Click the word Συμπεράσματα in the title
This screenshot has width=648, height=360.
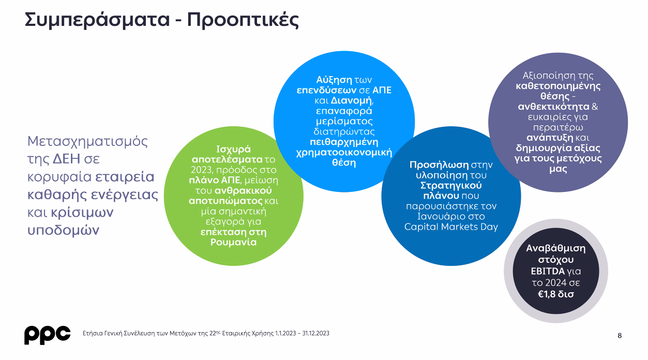click(97, 20)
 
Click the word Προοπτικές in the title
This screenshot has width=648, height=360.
click(243, 20)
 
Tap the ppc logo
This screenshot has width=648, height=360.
click(47, 335)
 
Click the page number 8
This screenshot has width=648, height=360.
click(620, 335)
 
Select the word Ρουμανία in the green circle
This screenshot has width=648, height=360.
click(233, 242)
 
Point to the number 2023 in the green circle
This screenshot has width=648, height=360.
click(201, 170)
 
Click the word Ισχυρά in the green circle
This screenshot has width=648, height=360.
click(233, 149)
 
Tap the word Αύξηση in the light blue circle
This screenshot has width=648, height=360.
click(334, 80)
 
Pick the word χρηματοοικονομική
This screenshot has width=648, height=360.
click(344, 153)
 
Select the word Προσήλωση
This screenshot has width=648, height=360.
click(439, 165)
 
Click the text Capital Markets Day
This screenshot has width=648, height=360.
click(451, 227)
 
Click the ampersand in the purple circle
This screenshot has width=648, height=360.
click(595, 107)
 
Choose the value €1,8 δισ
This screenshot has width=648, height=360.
click(556, 294)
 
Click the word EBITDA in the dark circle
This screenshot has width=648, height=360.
click(547, 272)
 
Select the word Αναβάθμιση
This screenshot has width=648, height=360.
click(556, 249)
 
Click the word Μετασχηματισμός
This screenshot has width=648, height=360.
click(87, 142)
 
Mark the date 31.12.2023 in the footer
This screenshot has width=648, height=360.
click(315, 334)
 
